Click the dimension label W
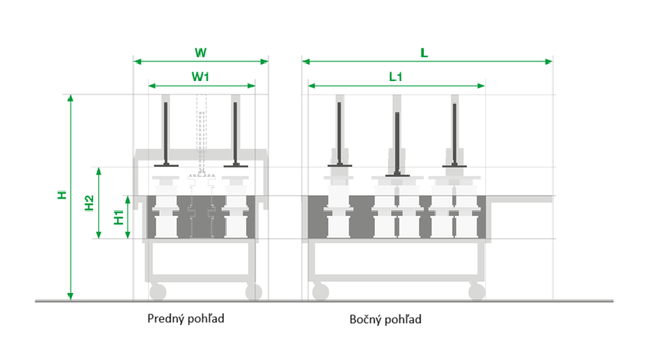[200, 52]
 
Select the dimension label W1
[201, 76]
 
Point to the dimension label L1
[396, 76]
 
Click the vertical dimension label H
[61, 196]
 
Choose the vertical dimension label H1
[119, 218]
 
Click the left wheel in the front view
[157, 291]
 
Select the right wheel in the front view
[253, 291]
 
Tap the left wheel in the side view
[320, 291]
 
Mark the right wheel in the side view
[475, 291]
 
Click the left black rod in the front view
[167, 131]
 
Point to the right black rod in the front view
[236, 131]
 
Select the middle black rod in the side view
[397, 142]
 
